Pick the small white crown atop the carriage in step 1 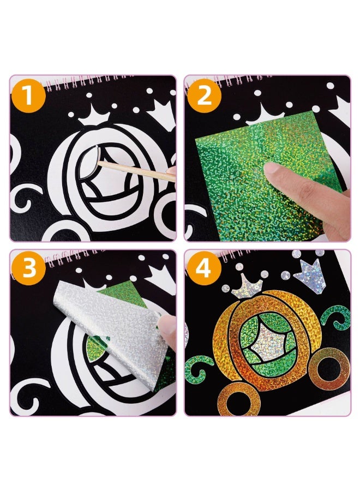(x=93, y=116)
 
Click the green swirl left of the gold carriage (x=200, y=368)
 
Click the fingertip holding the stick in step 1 (x=172, y=174)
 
